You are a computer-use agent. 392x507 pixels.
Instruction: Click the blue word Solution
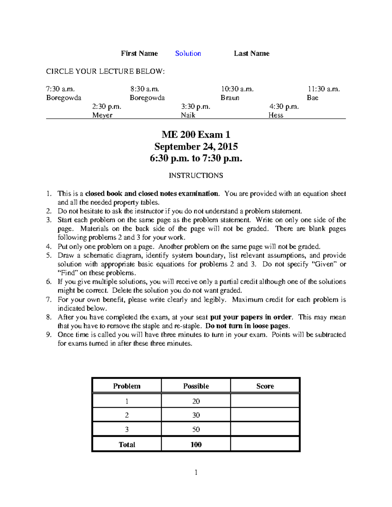point(188,54)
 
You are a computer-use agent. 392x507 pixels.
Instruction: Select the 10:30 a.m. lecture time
point(237,89)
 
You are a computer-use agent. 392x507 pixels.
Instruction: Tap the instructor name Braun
point(230,98)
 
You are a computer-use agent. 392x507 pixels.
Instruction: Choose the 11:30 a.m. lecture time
point(323,89)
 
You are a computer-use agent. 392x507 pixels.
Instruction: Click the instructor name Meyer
point(102,115)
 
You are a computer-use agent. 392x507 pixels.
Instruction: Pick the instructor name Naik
point(188,115)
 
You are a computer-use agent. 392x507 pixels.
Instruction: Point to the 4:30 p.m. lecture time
point(284,107)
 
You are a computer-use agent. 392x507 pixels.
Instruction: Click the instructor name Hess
point(276,115)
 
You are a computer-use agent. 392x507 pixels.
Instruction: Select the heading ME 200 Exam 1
point(196,135)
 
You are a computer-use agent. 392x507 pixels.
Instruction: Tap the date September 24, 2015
point(196,146)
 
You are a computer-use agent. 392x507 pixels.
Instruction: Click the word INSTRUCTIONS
point(196,176)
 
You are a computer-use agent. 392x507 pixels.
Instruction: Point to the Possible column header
point(196,386)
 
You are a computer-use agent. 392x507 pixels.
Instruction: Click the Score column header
point(265,386)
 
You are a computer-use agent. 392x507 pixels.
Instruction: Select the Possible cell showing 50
point(196,429)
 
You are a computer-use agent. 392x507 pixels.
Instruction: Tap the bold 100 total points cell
point(196,444)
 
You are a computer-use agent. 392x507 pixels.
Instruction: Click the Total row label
point(127,444)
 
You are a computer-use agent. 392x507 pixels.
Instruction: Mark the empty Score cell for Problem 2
point(265,415)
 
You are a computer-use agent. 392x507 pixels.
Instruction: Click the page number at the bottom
point(196,472)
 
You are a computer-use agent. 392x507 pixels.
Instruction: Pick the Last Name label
point(252,54)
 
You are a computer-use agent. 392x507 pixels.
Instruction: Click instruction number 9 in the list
point(49,335)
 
